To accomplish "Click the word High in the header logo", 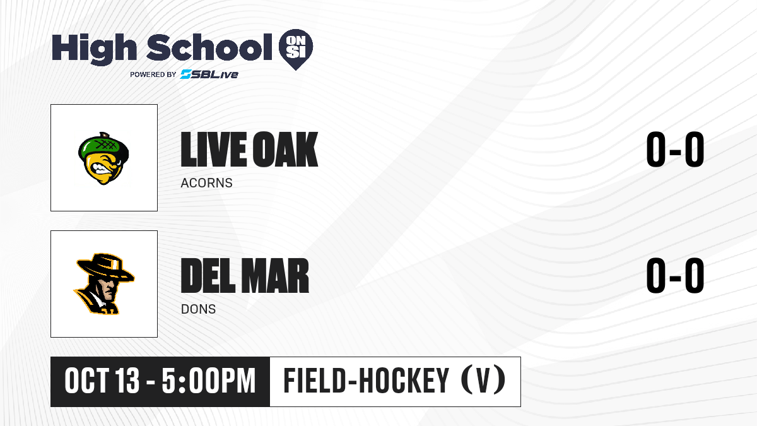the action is pyautogui.click(x=95, y=49).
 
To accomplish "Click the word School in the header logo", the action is pyautogui.click(x=209, y=47).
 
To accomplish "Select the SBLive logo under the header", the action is pyautogui.click(x=209, y=74).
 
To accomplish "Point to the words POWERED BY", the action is pyautogui.click(x=153, y=74).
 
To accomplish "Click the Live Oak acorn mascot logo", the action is pyautogui.click(x=103, y=158).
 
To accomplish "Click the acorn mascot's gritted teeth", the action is pyautogui.click(x=101, y=168).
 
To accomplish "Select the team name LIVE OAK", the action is pyautogui.click(x=249, y=149).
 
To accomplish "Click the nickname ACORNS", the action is pyautogui.click(x=206, y=183).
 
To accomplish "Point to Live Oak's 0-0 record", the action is pyautogui.click(x=675, y=149).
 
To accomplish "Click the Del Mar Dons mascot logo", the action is pyautogui.click(x=103, y=283).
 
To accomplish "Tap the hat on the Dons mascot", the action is pyautogui.click(x=105, y=268).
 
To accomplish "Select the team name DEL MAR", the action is pyautogui.click(x=245, y=275).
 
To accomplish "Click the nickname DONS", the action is pyautogui.click(x=198, y=309).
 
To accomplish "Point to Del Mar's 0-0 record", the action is pyautogui.click(x=675, y=275).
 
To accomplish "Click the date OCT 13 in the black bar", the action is pyautogui.click(x=102, y=381).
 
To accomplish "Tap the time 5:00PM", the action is pyautogui.click(x=209, y=381).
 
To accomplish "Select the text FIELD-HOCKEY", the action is pyautogui.click(x=367, y=381).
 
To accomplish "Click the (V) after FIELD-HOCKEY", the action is pyautogui.click(x=483, y=381).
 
